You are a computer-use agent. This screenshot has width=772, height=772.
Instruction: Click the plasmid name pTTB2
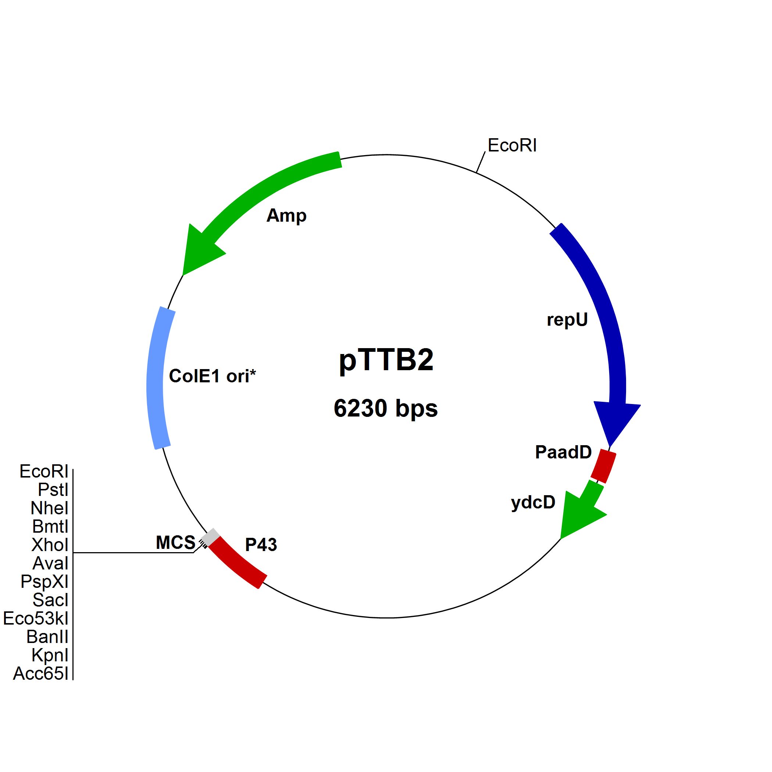pyautogui.click(x=386, y=360)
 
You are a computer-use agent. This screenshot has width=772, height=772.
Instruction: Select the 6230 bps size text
pyautogui.click(x=386, y=408)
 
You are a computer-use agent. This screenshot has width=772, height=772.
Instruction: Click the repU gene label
pyautogui.click(x=567, y=320)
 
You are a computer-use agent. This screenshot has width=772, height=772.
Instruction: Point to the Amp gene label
pyautogui.click(x=286, y=216)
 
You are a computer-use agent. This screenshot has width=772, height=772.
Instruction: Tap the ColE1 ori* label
pyautogui.click(x=212, y=376)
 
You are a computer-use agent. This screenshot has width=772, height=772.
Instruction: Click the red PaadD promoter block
pyautogui.click(x=603, y=466)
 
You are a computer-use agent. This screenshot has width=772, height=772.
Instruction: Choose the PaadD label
pyautogui.click(x=564, y=452)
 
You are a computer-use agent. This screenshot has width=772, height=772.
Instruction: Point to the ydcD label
pyautogui.click(x=533, y=502)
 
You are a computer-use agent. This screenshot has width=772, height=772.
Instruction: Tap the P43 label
pyautogui.click(x=261, y=545)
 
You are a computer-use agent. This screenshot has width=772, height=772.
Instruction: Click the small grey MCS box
pyautogui.click(x=211, y=537)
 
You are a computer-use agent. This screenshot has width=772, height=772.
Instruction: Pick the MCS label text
pyautogui.click(x=175, y=543)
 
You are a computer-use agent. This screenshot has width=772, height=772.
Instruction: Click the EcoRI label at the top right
pyautogui.click(x=512, y=146)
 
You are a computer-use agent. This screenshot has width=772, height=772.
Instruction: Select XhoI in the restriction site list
pyautogui.click(x=50, y=545)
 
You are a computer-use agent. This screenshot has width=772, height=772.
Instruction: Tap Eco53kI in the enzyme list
pyautogui.click(x=36, y=619)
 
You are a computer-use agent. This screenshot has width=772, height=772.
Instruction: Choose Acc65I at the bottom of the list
pyautogui.click(x=41, y=674)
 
